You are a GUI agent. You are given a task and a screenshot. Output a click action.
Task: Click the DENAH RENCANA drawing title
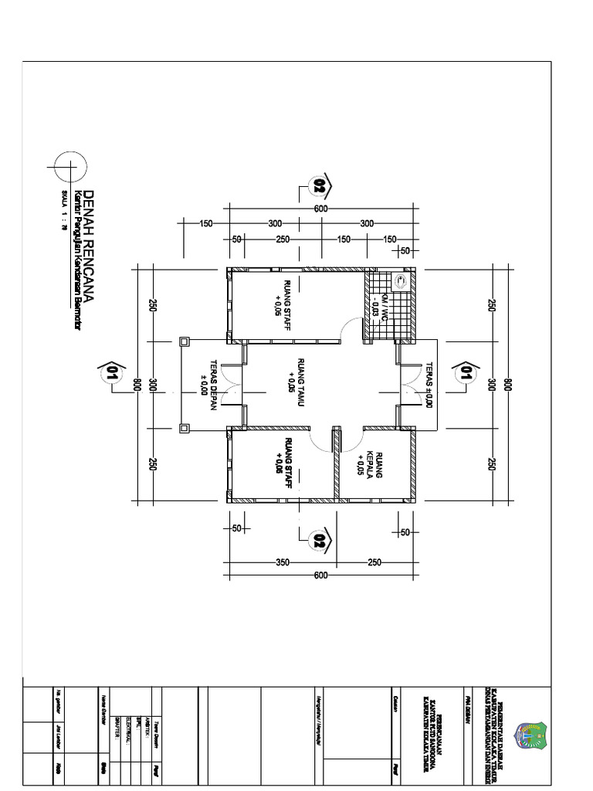(x=89, y=245)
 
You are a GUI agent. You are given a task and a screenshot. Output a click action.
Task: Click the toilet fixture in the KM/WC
(x=401, y=281)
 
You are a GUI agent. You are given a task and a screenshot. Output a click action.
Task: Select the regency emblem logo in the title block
(x=530, y=738)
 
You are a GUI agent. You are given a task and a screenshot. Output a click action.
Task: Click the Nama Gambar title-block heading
(x=103, y=706)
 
